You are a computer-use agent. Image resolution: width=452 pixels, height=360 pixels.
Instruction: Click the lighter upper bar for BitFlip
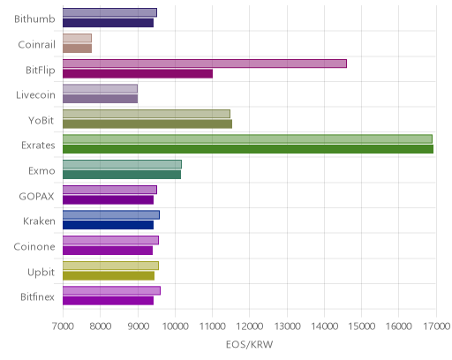pyautogui.click(x=205, y=64)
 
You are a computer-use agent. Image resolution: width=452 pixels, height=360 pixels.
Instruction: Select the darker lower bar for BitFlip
pyautogui.click(x=138, y=74)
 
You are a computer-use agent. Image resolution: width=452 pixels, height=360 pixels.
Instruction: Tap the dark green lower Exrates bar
pyautogui.click(x=248, y=149)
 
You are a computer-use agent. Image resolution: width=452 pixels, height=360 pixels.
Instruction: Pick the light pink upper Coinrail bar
pyautogui.click(x=77, y=38)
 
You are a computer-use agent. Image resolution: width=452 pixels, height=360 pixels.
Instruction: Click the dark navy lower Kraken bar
pyautogui.click(x=108, y=225)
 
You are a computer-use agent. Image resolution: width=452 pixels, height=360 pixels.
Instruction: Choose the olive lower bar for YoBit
pyautogui.click(x=147, y=124)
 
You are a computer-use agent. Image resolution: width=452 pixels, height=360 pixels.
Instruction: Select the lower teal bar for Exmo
pyautogui.click(x=122, y=175)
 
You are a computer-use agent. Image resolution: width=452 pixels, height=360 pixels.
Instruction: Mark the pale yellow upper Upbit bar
pyautogui.click(x=110, y=266)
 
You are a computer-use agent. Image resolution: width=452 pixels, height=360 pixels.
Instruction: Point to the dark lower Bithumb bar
pyautogui.click(x=108, y=23)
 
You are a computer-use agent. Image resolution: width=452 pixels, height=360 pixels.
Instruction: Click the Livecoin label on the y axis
pyautogui.click(x=35, y=95)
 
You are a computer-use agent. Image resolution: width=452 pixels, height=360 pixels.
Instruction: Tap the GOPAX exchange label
pyautogui.click(x=36, y=196)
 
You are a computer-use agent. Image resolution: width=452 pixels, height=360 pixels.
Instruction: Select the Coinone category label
pyautogui.click(x=34, y=246)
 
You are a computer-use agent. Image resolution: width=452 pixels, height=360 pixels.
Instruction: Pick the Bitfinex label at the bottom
pyautogui.click(x=37, y=297)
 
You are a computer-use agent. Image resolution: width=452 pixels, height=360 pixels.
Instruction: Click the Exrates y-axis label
pyautogui.click(x=38, y=146)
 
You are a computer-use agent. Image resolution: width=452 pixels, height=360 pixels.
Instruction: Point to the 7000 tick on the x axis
pyautogui.click(x=63, y=326)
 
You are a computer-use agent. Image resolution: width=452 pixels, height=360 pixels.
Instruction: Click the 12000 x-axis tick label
pyautogui.click(x=250, y=326)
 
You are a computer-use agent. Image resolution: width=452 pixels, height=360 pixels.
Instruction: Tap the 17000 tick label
pyautogui.click(x=437, y=326)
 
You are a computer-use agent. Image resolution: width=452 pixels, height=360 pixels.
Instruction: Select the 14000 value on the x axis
pyautogui.click(x=324, y=326)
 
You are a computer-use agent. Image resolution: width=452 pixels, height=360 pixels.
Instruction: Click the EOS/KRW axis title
pyautogui.click(x=250, y=344)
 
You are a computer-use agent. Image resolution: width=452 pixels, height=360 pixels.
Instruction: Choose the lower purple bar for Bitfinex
pyautogui.click(x=108, y=301)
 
